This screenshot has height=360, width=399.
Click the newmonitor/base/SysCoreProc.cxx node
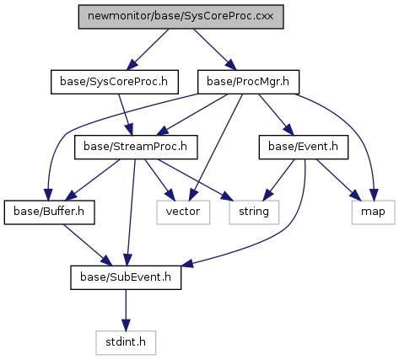(x=181, y=17)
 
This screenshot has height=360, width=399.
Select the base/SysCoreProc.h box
(x=115, y=82)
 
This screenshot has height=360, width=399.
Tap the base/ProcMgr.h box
(x=248, y=82)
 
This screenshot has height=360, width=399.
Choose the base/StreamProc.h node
(x=136, y=147)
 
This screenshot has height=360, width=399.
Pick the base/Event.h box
(x=304, y=147)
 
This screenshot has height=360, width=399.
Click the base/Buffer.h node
(x=49, y=212)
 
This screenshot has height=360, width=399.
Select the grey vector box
(x=183, y=212)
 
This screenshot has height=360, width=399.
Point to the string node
(x=254, y=212)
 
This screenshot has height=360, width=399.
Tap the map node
(x=373, y=212)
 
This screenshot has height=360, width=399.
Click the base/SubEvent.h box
(x=126, y=277)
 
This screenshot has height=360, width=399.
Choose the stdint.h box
(x=126, y=342)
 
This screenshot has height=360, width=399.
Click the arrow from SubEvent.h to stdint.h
(x=126, y=310)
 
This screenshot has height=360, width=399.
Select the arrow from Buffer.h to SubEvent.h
(x=88, y=244)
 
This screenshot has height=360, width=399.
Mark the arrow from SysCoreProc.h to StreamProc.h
(x=126, y=115)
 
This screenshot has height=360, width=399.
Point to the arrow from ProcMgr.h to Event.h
(x=276, y=115)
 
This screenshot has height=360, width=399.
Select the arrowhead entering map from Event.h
(x=355, y=196)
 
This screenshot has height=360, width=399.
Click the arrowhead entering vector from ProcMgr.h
(x=192, y=195)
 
